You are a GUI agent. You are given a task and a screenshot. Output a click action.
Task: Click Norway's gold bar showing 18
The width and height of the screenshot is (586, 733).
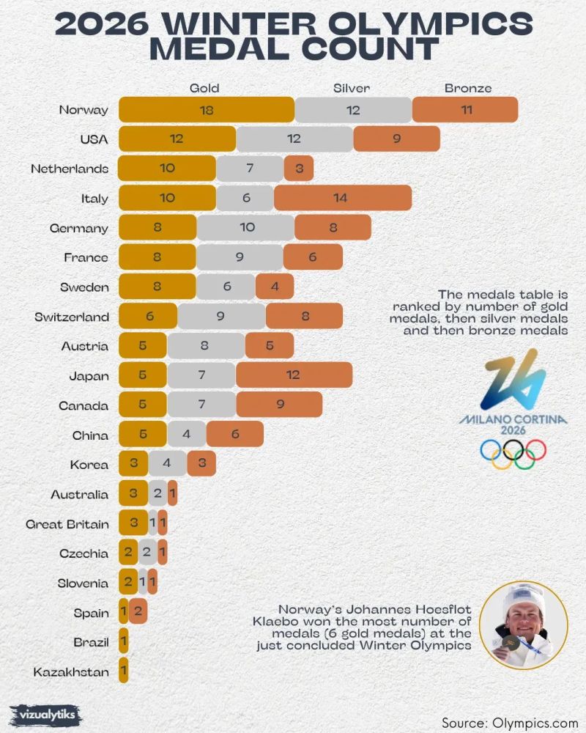click(x=206, y=110)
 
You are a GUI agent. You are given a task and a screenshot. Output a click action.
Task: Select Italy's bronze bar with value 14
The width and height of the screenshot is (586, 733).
click(x=343, y=199)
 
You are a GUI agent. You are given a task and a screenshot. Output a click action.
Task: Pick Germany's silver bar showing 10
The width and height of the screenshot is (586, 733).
click(x=246, y=228)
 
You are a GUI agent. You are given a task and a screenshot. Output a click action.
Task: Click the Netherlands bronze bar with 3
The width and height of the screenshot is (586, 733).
click(x=299, y=169)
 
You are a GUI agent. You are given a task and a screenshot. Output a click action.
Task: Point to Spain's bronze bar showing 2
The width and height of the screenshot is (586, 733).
click(x=139, y=612)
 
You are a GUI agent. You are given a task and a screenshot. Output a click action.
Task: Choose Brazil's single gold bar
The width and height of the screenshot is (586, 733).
click(x=123, y=642)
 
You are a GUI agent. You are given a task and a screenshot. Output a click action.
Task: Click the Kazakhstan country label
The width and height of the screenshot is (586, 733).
click(x=70, y=671)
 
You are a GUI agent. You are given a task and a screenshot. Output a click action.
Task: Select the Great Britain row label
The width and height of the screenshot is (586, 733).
click(x=67, y=524)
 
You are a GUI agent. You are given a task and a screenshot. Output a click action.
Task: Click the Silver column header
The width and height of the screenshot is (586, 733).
click(x=352, y=88)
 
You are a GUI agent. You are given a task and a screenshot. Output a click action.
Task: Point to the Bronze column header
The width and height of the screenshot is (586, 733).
click(x=468, y=88)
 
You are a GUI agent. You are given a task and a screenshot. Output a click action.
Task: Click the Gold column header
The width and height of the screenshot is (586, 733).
click(x=204, y=88)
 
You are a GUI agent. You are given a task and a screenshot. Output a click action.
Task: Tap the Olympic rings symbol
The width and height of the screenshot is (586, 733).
click(x=513, y=454)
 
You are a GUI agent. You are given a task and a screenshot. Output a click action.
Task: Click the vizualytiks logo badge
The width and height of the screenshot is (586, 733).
click(x=46, y=713)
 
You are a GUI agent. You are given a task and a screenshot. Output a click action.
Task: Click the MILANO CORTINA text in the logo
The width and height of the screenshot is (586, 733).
click(x=513, y=420)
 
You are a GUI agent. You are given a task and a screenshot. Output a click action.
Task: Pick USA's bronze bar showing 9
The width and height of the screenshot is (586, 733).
click(x=396, y=139)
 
